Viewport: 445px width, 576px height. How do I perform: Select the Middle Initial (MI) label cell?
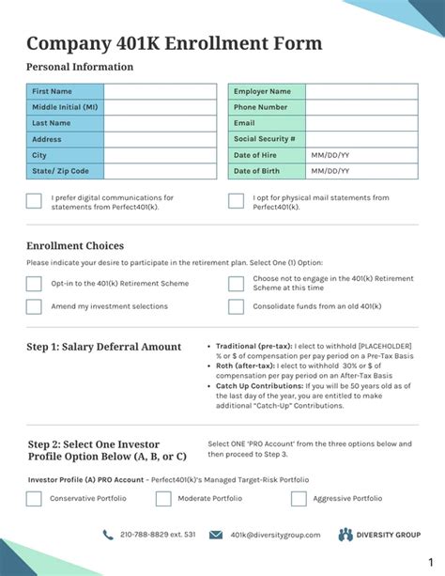(x=65, y=107)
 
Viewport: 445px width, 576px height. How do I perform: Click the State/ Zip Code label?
(x=65, y=171)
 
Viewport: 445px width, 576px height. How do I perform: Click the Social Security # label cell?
(x=267, y=139)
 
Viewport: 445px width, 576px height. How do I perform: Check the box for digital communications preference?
(x=34, y=200)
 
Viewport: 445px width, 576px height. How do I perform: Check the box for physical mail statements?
(x=236, y=200)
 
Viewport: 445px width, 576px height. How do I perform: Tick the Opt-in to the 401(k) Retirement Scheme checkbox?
(x=34, y=284)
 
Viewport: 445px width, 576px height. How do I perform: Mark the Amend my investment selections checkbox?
(x=34, y=306)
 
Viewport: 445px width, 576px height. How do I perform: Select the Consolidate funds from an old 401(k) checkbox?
(x=236, y=306)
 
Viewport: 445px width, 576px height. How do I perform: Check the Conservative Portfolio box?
(x=34, y=499)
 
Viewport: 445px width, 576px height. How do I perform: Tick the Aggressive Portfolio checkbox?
(x=299, y=499)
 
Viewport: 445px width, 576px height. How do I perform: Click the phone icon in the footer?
(x=109, y=535)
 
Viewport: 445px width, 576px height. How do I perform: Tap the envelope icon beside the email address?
(x=216, y=535)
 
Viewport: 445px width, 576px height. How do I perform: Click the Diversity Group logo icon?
(x=345, y=535)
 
